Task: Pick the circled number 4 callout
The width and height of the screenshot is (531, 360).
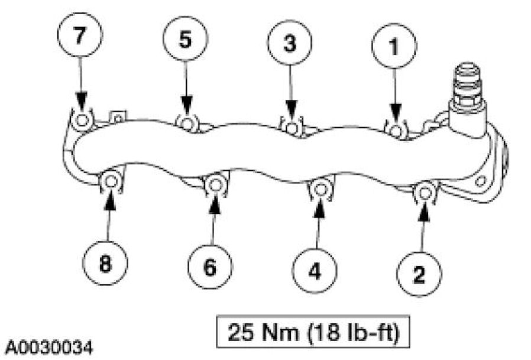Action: pos(315,271)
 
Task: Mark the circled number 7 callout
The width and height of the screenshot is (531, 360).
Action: pos(80,35)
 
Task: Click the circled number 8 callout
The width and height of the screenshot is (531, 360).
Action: pos(105,264)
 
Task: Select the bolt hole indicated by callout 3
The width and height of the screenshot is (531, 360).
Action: pos(291,127)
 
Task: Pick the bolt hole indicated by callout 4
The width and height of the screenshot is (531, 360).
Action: pos(319,189)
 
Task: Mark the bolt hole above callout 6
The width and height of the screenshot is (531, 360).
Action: pos(214,185)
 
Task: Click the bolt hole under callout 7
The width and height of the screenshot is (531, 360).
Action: pos(82,120)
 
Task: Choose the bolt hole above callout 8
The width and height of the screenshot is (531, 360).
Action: pos(110,183)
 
